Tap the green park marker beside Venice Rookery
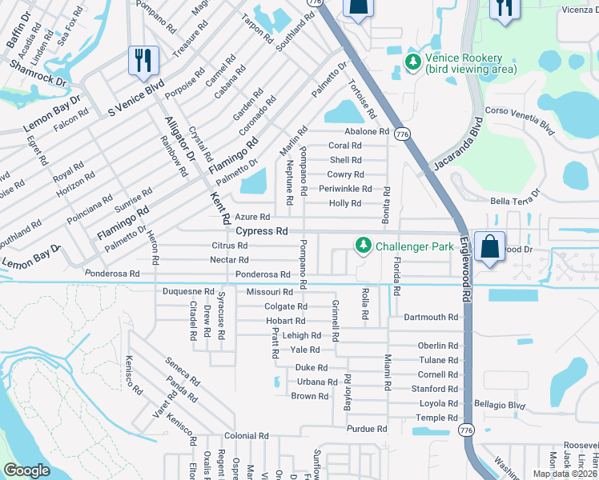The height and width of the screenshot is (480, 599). click(x=413, y=62)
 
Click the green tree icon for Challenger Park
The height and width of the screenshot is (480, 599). click(x=364, y=244)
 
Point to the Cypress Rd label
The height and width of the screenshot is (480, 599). click(x=262, y=230)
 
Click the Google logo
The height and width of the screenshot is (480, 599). click(x=26, y=470)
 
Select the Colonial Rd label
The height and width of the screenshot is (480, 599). click(x=244, y=436)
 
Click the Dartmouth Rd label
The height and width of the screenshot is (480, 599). click(x=431, y=317)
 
